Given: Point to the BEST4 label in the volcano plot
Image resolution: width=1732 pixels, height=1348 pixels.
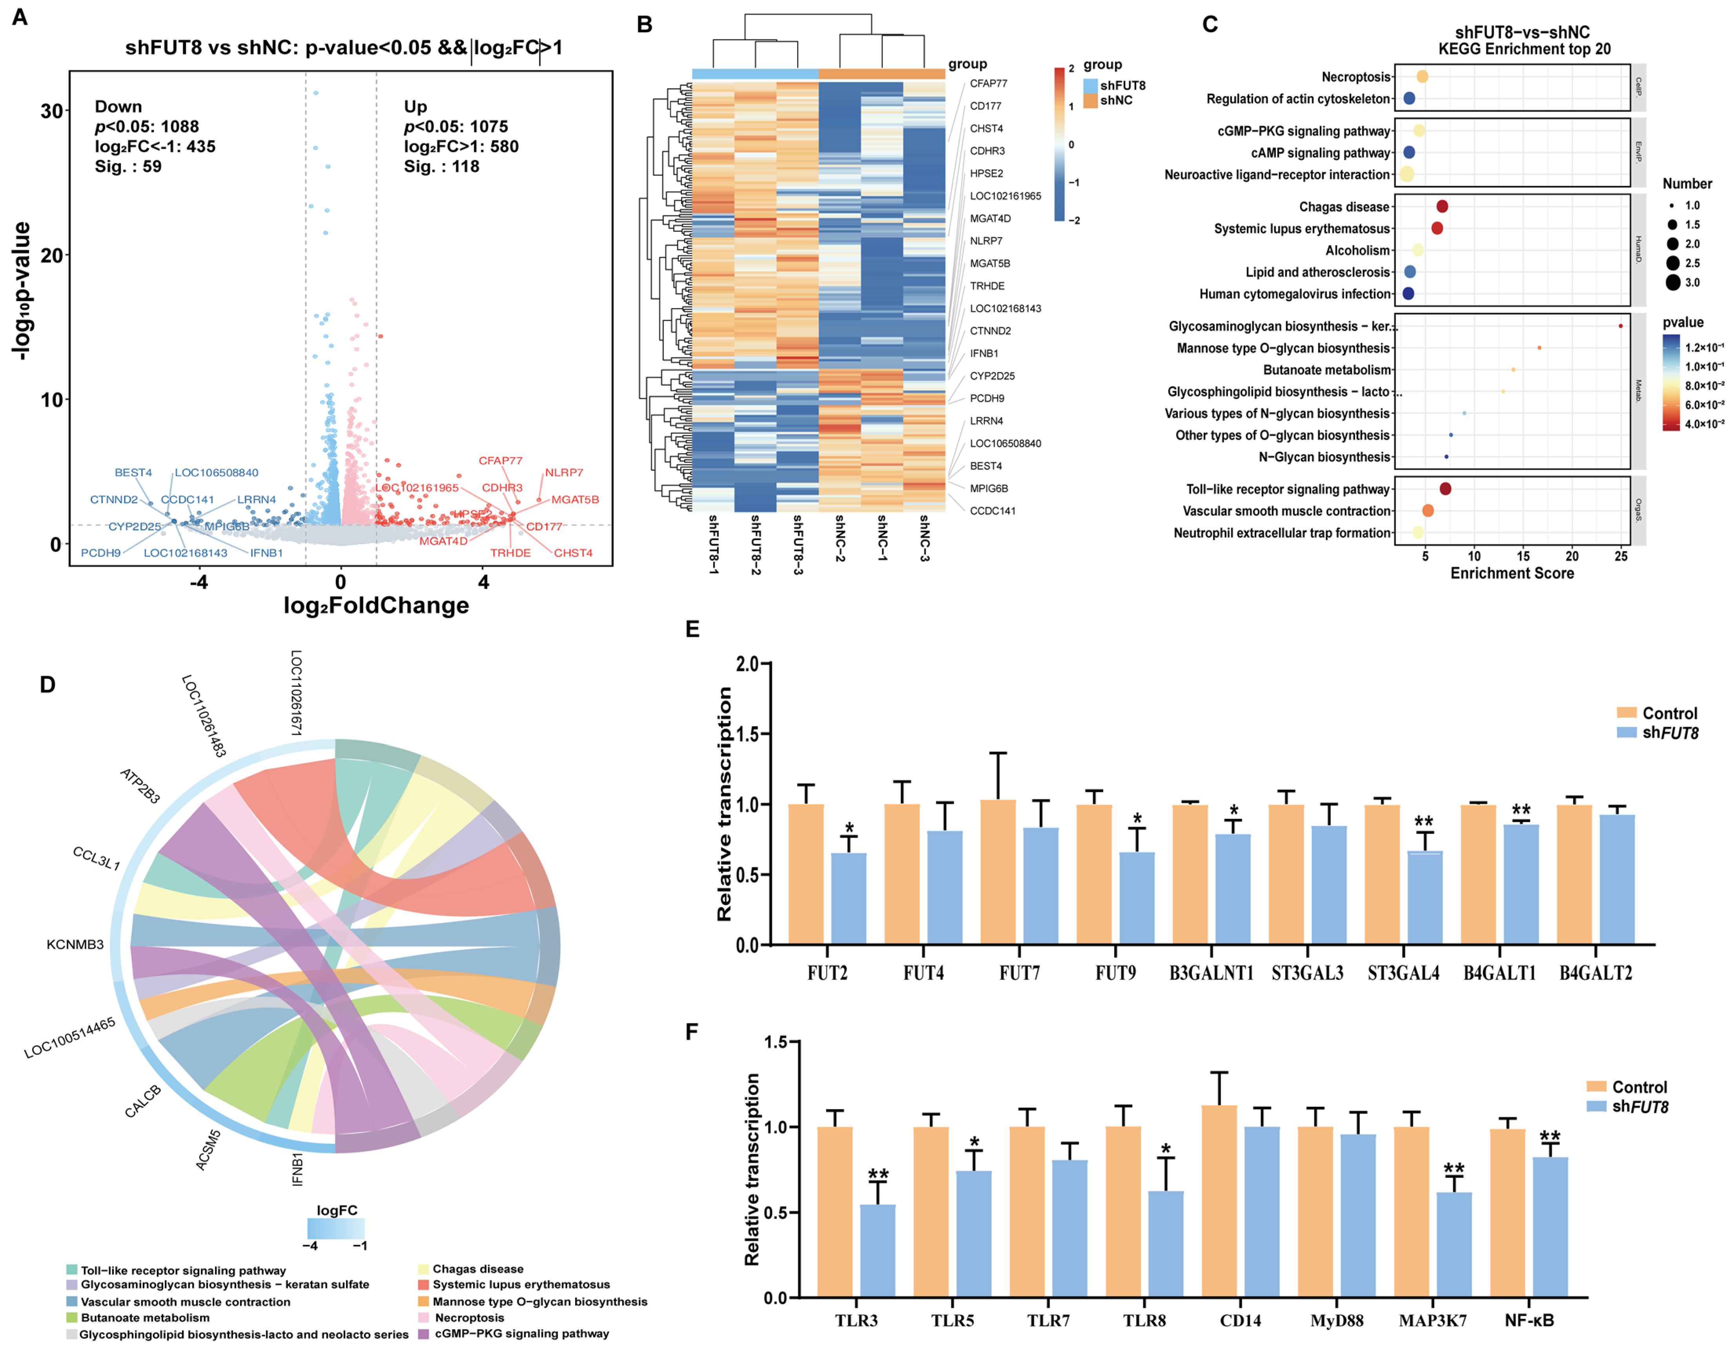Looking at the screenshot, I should click(x=133, y=473).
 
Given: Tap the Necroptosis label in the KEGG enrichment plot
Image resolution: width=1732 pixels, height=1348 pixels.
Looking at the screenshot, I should click(x=1355, y=77).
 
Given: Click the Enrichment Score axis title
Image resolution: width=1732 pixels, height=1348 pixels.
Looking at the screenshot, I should click(x=1512, y=573).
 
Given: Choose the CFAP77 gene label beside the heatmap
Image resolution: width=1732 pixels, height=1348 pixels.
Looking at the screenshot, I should click(x=988, y=83).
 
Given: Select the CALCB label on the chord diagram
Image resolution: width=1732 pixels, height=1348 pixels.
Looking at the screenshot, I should click(x=143, y=1101).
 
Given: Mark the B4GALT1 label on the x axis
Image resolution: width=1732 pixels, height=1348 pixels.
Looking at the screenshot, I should click(x=1499, y=973).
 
